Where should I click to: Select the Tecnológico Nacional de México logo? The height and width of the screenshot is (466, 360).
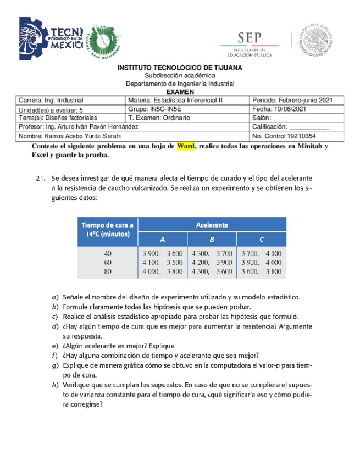51,38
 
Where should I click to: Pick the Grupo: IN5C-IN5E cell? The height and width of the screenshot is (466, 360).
187,109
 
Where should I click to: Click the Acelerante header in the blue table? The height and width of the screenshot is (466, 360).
212,224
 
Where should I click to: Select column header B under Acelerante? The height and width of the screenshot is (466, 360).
212,239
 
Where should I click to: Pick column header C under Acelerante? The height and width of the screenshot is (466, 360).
262,239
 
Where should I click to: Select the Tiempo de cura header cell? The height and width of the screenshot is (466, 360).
108,229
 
